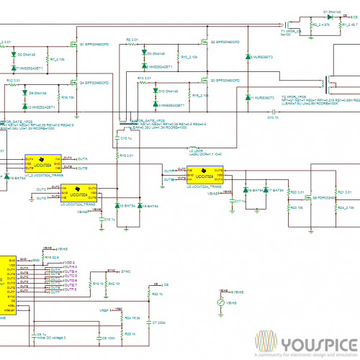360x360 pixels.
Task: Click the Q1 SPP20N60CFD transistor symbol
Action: pos(73,41)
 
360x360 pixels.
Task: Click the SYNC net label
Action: pos(127,271)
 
